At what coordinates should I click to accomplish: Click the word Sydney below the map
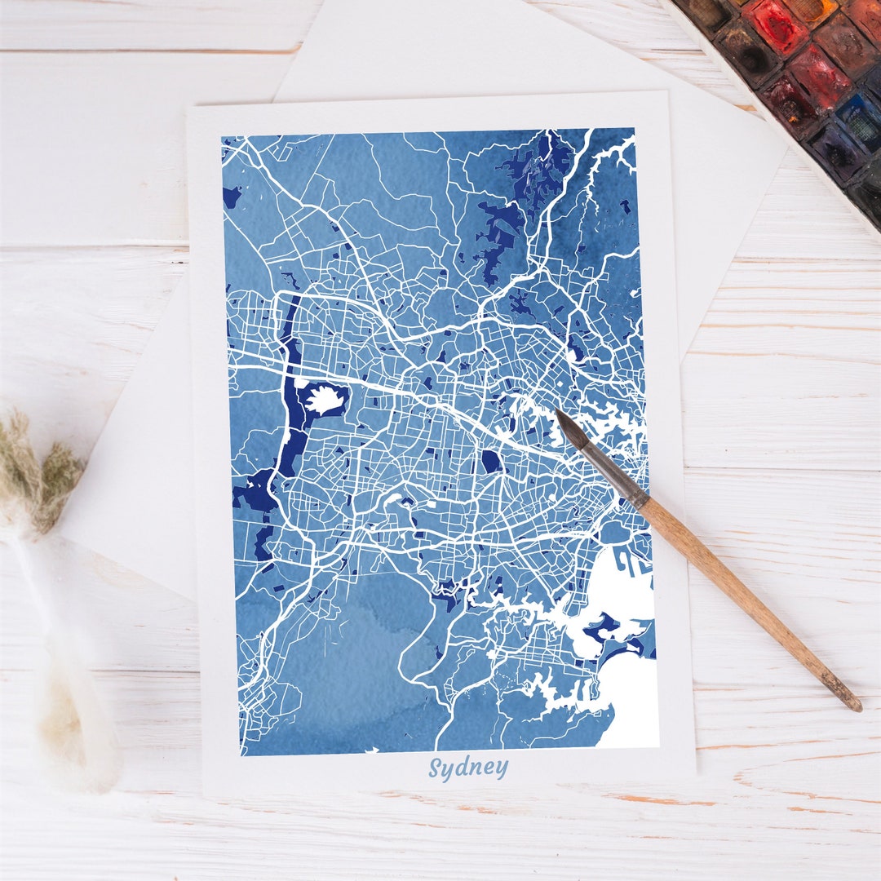click(x=468, y=768)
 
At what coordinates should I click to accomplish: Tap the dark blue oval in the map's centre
click(x=490, y=462)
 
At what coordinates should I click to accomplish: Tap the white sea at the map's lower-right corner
click(x=632, y=710)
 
